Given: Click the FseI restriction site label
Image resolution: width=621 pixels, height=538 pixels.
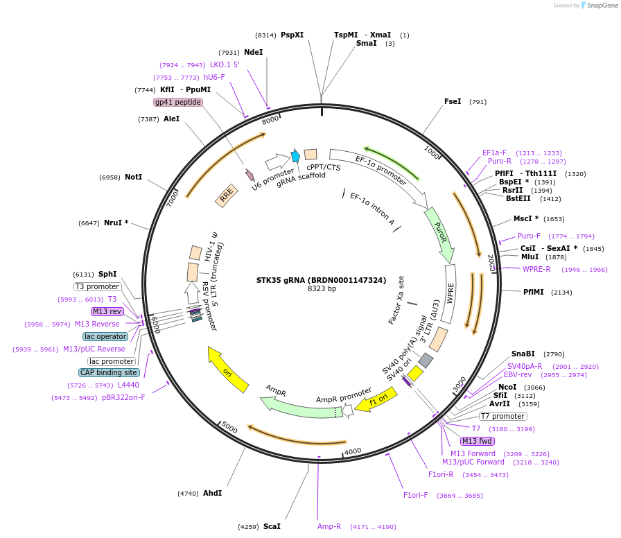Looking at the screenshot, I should [x=453, y=101].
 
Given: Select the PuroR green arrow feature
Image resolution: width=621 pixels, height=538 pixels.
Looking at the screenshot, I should [x=439, y=233].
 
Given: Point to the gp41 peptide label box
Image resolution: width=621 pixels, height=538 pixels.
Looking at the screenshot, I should [x=178, y=102].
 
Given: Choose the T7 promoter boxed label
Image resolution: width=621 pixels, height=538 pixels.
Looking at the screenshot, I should [x=502, y=416].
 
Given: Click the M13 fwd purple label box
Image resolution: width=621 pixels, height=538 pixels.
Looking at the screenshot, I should [x=478, y=441].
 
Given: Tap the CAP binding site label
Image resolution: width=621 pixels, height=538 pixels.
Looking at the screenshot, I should [x=109, y=372].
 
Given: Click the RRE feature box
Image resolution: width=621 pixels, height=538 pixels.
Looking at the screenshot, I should [x=226, y=197].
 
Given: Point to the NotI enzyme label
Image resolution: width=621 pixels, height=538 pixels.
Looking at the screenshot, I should [x=133, y=177].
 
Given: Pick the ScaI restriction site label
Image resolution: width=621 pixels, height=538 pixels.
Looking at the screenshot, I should [x=272, y=526].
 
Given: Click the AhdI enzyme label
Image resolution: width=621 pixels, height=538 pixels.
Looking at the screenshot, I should [x=212, y=493].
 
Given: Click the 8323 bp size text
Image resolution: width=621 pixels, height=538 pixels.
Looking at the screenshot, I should [x=322, y=288].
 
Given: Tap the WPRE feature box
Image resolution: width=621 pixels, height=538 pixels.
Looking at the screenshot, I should [x=451, y=294].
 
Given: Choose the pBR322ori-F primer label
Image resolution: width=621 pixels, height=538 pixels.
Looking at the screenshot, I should [x=123, y=397].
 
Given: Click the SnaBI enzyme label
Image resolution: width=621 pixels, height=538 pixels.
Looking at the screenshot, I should [x=523, y=354].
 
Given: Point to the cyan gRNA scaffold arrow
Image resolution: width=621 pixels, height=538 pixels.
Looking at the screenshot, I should [x=295, y=156].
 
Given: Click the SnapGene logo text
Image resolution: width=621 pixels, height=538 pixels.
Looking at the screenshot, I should [x=600, y=5].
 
